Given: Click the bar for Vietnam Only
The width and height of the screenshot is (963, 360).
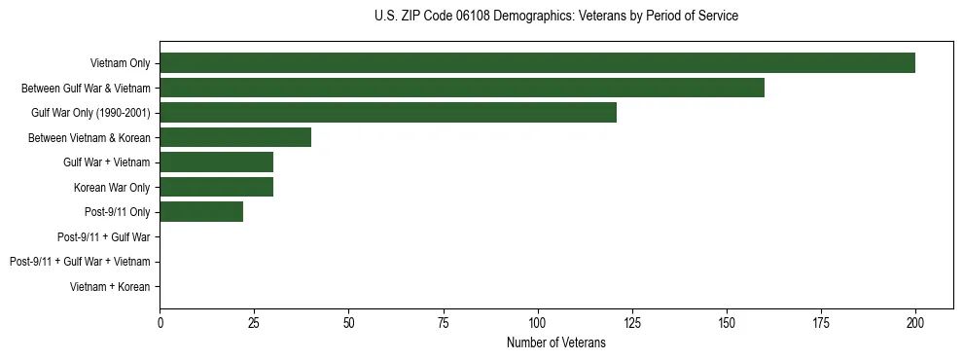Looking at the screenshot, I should point(537,63).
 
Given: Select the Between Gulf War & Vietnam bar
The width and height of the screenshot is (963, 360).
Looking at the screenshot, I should point(462,89).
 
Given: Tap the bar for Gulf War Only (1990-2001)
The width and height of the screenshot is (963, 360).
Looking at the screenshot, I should point(388,113).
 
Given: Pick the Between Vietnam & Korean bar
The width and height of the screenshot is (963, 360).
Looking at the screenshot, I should point(235,138).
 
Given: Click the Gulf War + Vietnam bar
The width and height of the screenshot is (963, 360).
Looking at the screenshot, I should point(216,162).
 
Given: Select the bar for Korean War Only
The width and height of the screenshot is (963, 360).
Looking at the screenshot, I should point(216,188).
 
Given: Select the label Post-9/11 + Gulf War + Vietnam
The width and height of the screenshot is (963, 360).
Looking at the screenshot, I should point(80,262).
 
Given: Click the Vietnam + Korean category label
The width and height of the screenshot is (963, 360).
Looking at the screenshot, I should point(110,287).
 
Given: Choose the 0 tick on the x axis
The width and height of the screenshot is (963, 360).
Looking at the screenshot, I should point(160,322).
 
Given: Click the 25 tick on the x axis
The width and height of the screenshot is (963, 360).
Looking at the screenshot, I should point(254,322).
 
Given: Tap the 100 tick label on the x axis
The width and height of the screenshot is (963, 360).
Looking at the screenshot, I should point(537,322).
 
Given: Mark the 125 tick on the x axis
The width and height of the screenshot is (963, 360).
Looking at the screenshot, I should point(631,322).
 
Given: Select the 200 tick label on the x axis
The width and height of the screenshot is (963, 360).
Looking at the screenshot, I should point(915,322).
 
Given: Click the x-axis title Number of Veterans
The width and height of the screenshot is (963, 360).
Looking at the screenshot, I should point(555,342).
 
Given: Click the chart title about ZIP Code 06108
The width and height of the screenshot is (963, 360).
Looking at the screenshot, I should point(555,17).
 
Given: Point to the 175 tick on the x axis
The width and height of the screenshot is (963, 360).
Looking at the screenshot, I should point(821,322).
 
